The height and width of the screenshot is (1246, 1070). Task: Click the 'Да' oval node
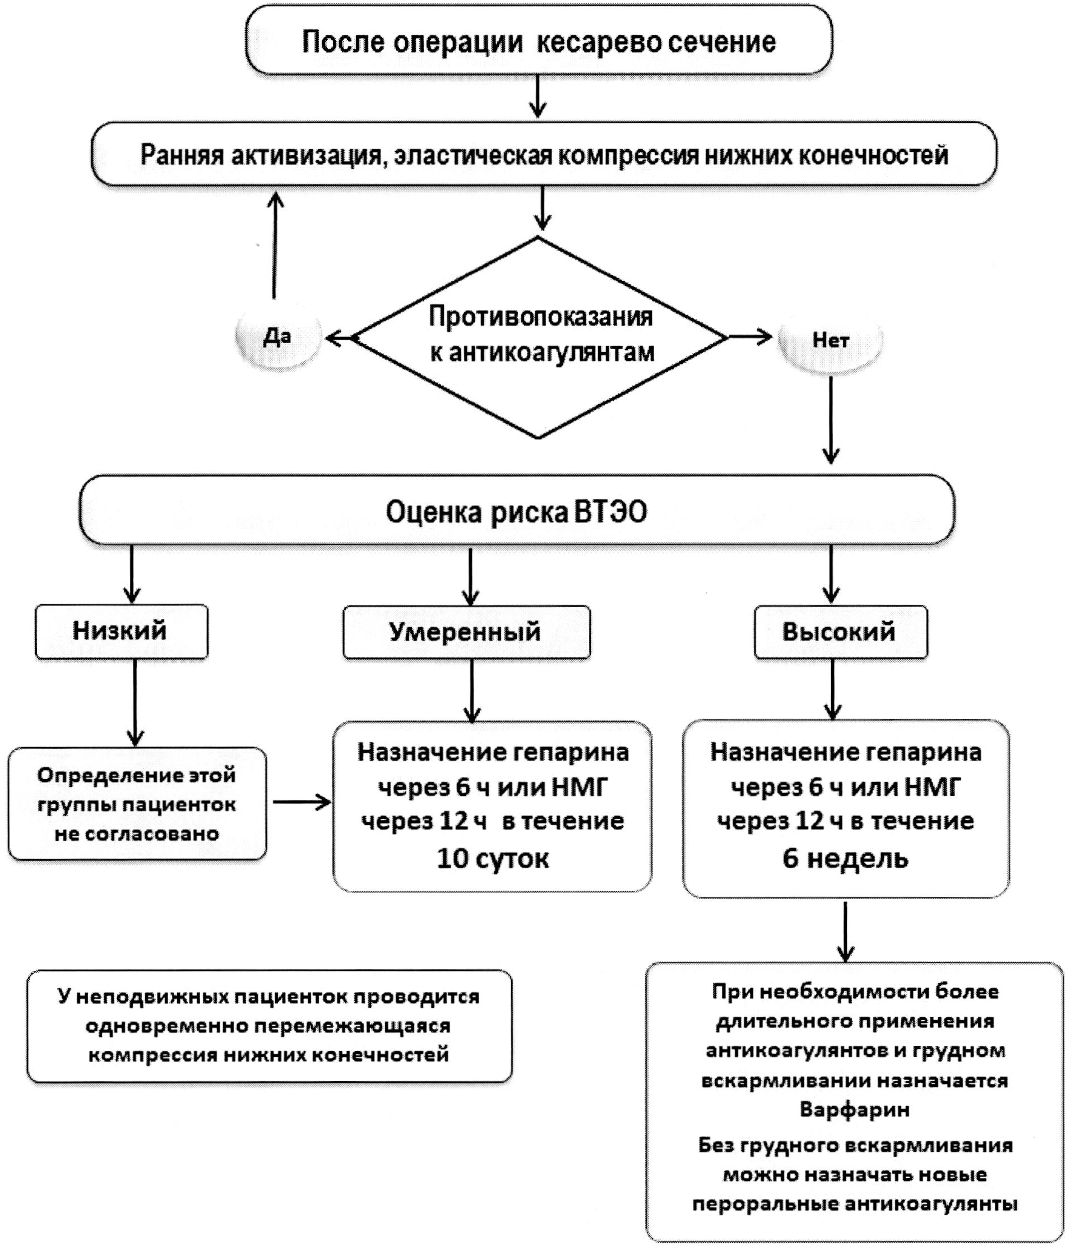(278, 337)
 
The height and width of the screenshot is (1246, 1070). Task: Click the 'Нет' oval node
(830, 340)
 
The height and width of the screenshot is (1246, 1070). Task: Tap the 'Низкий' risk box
(121, 631)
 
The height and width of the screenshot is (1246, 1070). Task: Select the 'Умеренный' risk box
(466, 632)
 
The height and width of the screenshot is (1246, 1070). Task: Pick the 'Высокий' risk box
(840, 632)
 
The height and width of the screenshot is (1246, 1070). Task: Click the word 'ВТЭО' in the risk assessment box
(610, 512)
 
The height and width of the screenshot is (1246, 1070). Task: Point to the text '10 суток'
(492, 858)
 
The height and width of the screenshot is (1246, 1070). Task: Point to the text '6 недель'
(845, 858)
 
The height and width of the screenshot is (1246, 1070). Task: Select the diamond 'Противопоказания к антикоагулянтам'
(540, 337)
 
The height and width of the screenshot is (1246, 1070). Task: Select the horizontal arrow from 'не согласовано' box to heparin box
(302, 802)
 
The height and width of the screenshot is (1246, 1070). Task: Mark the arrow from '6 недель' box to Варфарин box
(845, 932)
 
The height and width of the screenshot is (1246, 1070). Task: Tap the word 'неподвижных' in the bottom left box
(150, 997)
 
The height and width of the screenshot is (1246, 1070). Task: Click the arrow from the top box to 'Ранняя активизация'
(538, 96)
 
